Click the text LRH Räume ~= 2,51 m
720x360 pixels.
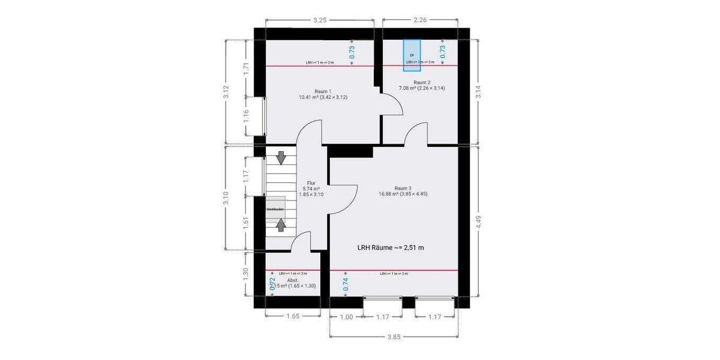[x=391, y=247]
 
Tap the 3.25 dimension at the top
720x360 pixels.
[x=320, y=20]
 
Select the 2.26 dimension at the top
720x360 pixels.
[x=420, y=20]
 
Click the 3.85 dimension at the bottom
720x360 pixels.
[x=393, y=337]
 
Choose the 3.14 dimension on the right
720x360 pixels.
[x=479, y=92]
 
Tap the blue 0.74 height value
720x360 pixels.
[x=345, y=284]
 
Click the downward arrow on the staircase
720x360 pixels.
[x=281, y=158]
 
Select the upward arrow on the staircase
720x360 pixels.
[x=281, y=225]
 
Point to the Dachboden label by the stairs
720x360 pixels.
[x=275, y=209]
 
